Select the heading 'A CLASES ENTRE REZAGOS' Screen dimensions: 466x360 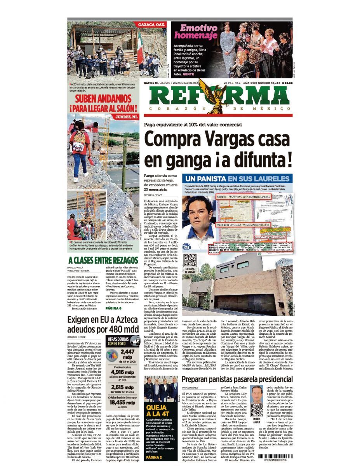[103, 260]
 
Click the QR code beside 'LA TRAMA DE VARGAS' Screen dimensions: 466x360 [190, 260]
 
